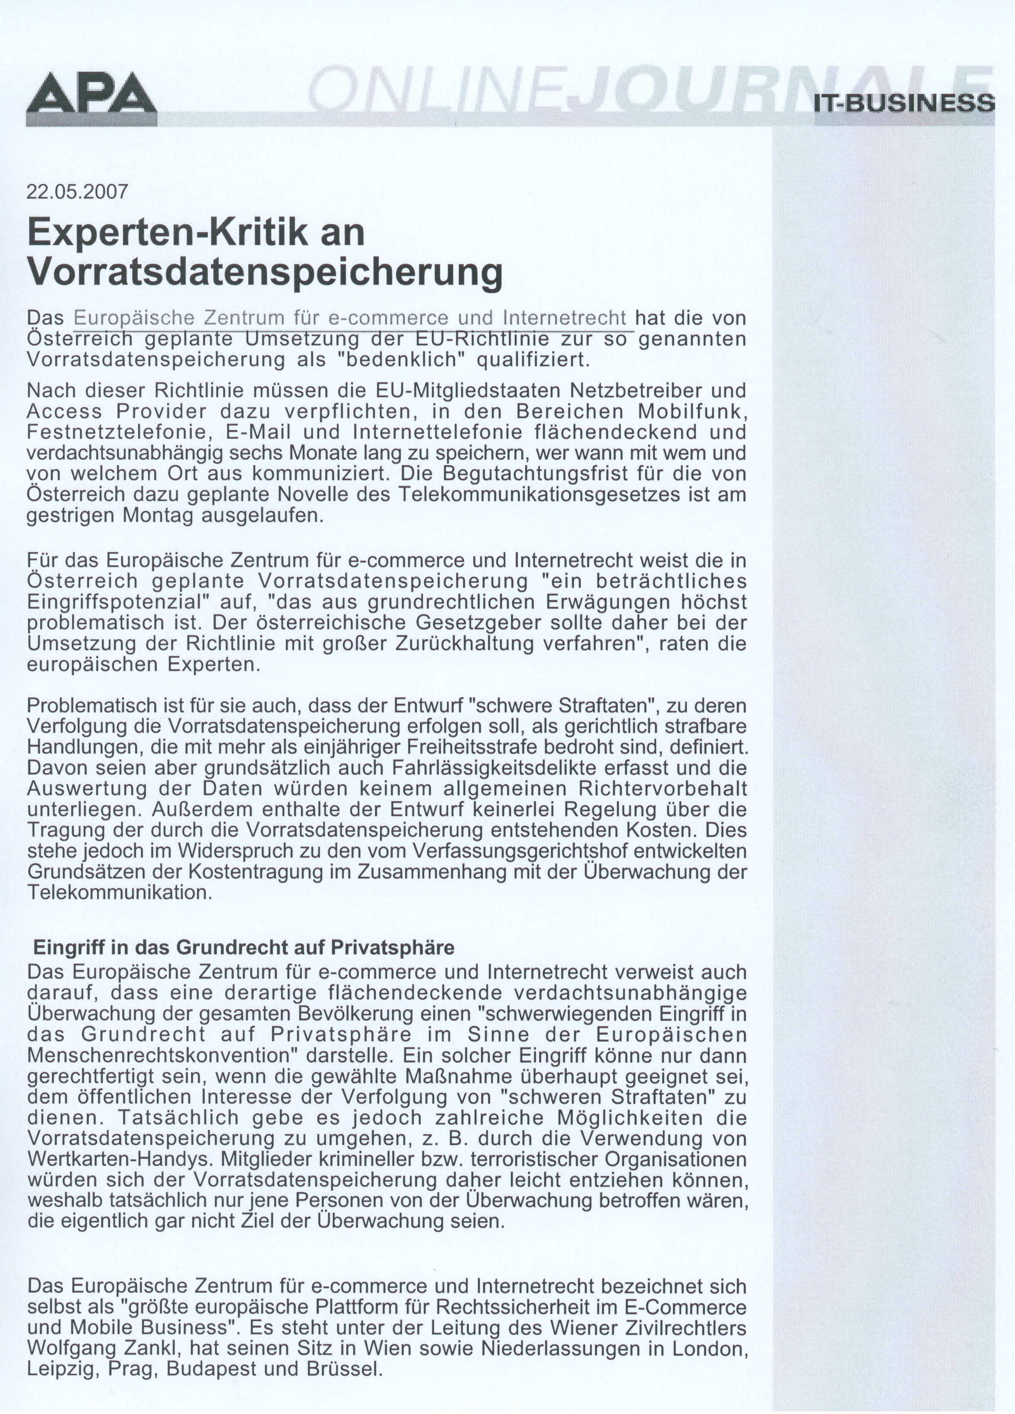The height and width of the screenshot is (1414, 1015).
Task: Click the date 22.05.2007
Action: [77, 192]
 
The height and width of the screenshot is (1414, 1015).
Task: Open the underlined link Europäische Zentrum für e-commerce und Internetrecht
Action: [349, 318]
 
